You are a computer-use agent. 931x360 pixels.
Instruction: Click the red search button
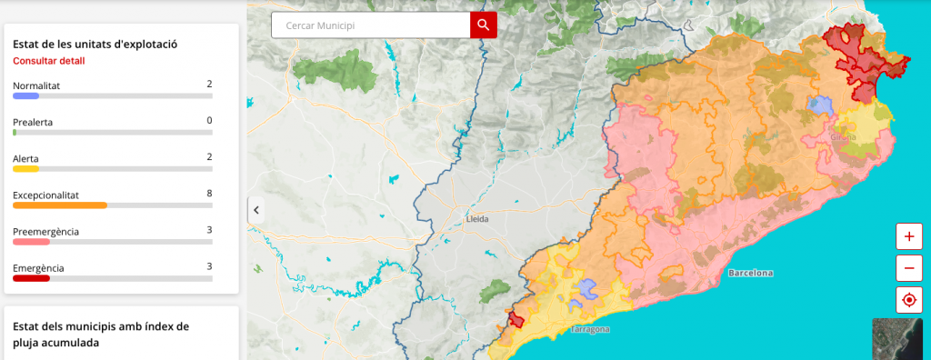484,25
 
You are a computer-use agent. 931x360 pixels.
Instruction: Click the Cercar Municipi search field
371,25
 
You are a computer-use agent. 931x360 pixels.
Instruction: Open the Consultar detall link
49,61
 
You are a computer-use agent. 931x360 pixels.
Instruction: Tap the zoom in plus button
908,235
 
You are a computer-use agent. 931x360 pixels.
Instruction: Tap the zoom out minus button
908,267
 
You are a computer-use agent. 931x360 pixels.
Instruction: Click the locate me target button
908,299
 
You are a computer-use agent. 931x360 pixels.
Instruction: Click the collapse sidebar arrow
256,210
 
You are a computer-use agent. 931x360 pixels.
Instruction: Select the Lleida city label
476,219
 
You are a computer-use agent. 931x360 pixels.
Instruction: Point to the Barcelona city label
750,273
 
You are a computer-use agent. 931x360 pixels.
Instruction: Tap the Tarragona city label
590,329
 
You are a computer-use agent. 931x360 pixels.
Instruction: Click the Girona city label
843,137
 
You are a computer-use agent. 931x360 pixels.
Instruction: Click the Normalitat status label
36,85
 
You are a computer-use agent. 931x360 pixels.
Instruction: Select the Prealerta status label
33,121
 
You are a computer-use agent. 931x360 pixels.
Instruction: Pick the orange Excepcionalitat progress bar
60,205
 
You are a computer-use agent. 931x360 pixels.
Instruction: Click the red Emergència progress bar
31,278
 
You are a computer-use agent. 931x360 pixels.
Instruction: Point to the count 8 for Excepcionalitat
209,194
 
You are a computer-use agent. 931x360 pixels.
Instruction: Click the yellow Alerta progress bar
25,168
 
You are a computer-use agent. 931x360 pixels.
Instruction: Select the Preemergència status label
45,231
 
